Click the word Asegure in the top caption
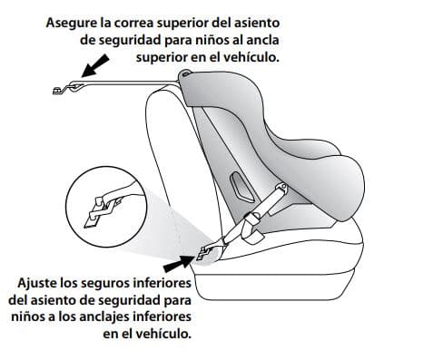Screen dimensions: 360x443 (x=73, y=22)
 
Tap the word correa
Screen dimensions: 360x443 (x=133, y=22)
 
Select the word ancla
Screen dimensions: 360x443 (x=260, y=39)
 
